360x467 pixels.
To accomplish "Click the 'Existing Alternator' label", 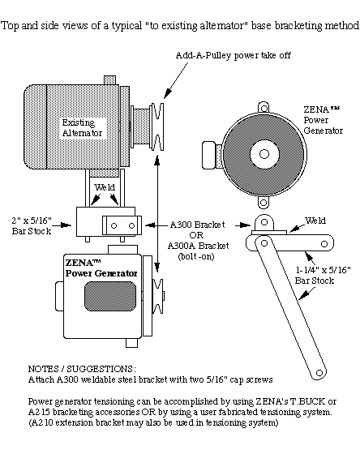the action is pos(82,128).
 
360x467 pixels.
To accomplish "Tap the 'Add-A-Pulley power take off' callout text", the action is pos(234,55).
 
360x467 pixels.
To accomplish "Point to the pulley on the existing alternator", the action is pos(157,126).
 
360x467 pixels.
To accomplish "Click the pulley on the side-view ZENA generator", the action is pos(158,297).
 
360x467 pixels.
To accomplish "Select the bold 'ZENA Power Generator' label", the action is pos(101,268).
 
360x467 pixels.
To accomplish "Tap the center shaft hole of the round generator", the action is pos(264,154).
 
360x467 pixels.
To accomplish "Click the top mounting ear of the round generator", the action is pos(264,108).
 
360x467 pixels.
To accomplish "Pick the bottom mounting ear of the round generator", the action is pos(264,203).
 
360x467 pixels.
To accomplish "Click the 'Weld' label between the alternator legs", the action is pos(105,187).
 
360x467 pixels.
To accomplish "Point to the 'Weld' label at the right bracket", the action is pos(315,221).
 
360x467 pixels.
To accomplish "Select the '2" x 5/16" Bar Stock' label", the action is pos(32,225).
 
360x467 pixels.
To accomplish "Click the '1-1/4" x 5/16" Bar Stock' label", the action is pos(323,275).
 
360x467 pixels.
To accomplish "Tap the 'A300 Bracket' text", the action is pos(197,225).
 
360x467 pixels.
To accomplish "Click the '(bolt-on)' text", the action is pos(196,256).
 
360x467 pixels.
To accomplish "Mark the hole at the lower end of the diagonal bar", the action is pos(319,373).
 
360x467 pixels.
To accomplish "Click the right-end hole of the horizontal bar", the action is pos(324,244).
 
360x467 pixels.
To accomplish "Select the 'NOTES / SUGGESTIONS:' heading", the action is pos(82,369).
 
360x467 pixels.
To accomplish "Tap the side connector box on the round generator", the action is pos(212,155).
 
